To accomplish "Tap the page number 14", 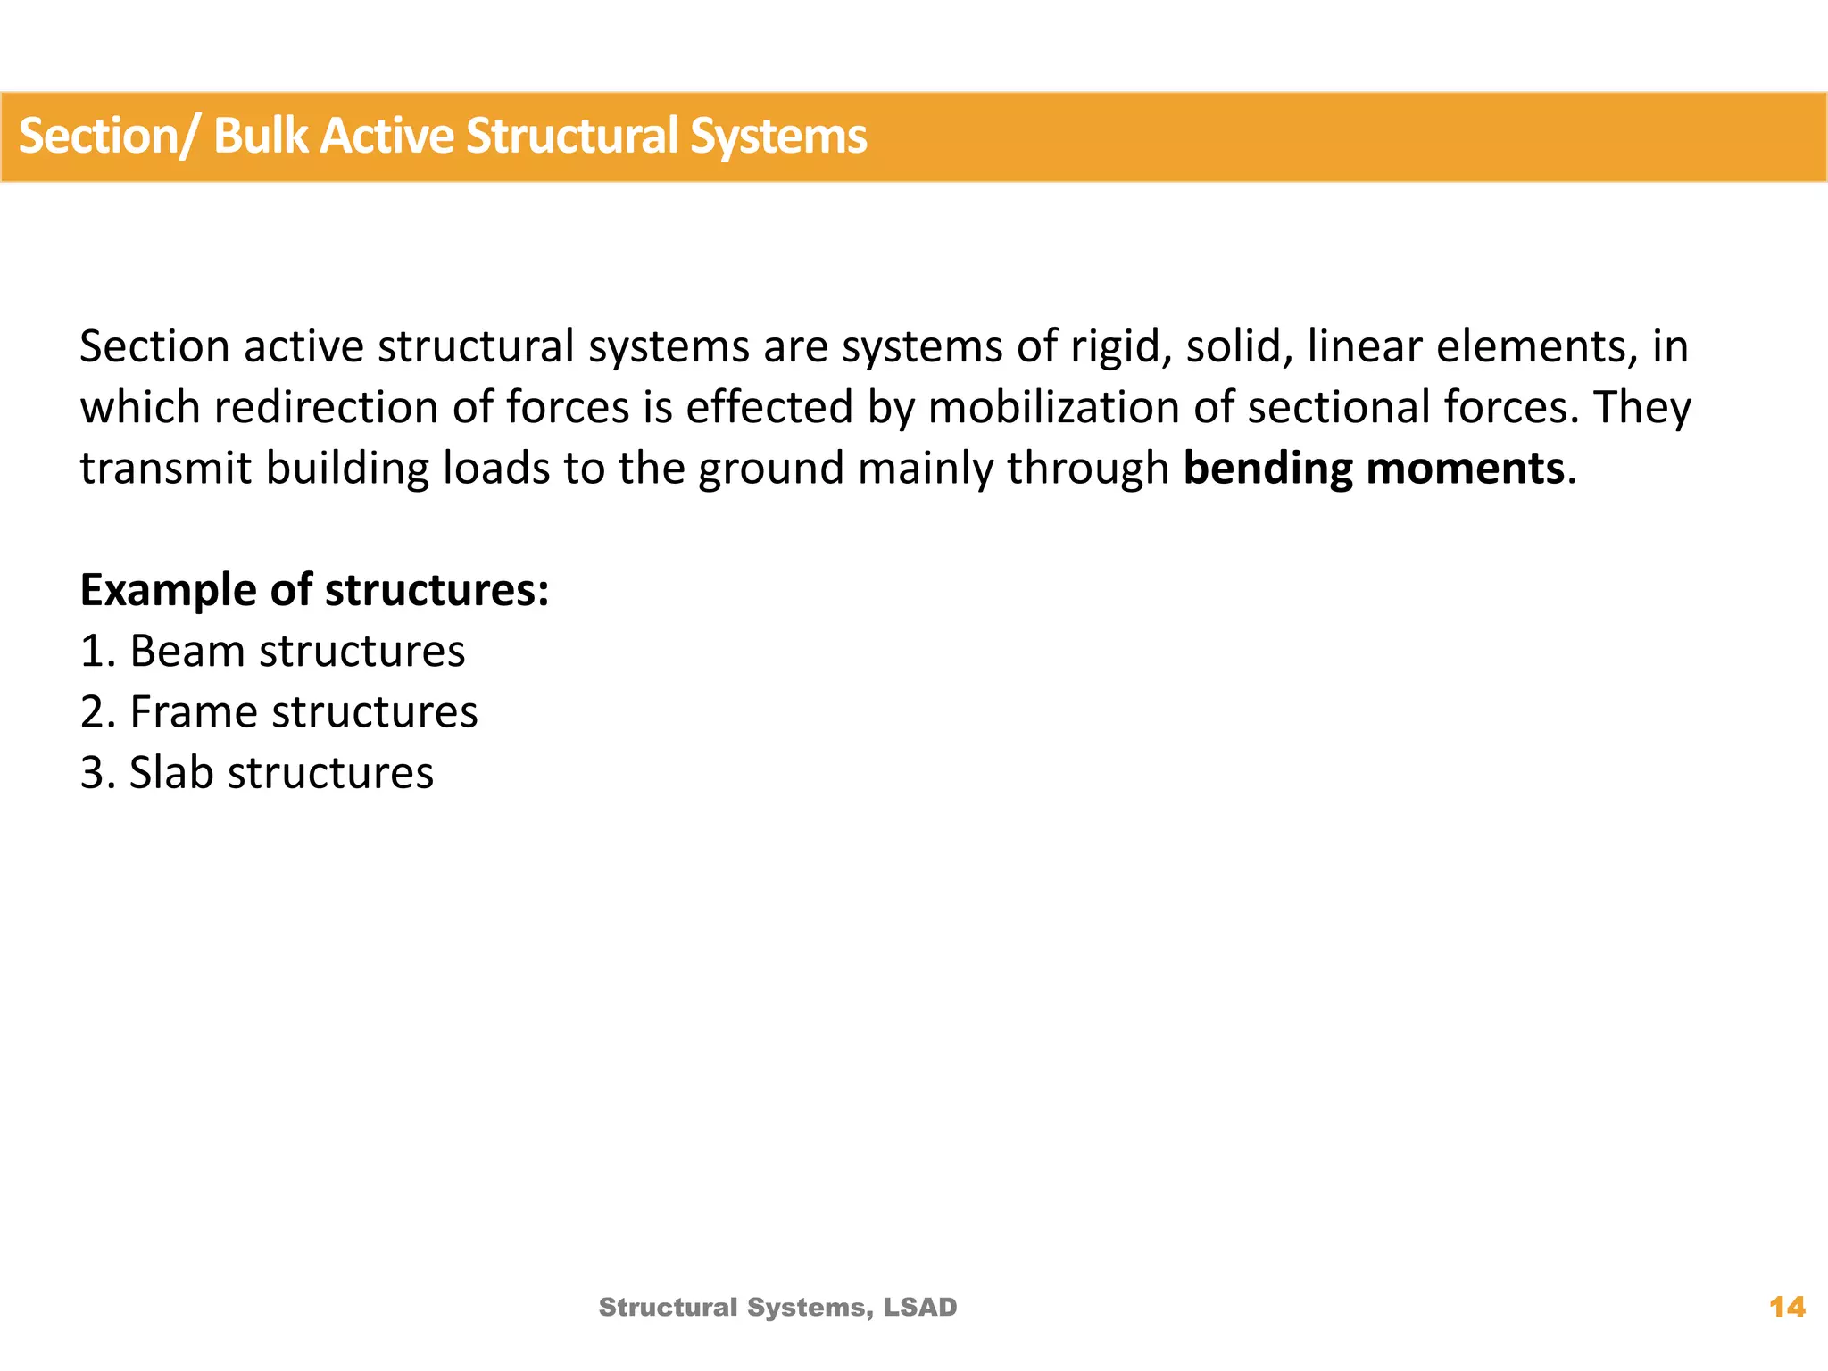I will pyautogui.click(x=1787, y=1308).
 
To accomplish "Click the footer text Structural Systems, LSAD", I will pyautogui.click(x=777, y=1308).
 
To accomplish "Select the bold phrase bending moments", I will pyautogui.click(x=1374, y=469).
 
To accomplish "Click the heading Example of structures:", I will pyautogui.click(x=314, y=590).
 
